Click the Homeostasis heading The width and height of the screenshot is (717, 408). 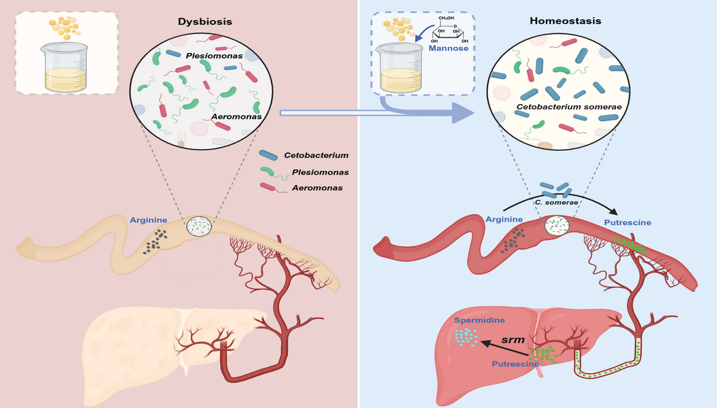point(556,22)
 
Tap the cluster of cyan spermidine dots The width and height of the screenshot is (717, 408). point(466,336)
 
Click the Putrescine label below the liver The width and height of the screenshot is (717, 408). point(515,364)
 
